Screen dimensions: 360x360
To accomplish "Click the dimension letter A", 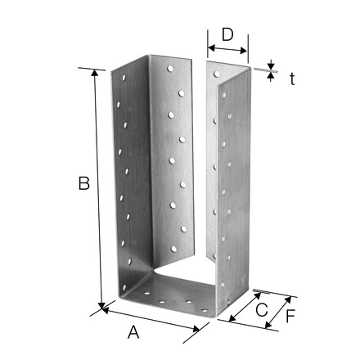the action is (x=133, y=332).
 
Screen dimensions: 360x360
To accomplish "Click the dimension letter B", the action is (x=84, y=183).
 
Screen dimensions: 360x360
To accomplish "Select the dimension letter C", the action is (x=262, y=310).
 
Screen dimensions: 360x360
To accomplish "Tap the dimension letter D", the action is (x=227, y=35).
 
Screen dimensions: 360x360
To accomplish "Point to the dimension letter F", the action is (x=290, y=316).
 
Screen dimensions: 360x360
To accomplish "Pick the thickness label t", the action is (x=292, y=79).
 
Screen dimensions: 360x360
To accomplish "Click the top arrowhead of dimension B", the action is (x=94, y=73).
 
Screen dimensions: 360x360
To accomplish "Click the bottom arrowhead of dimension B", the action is (x=102, y=306).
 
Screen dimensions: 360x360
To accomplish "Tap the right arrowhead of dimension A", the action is (x=196, y=329).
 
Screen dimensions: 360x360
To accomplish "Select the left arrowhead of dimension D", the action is (x=212, y=48).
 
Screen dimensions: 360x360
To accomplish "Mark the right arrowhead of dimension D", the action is (x=244, y=51).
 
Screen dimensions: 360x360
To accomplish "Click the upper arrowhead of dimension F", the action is (x=288, y=300).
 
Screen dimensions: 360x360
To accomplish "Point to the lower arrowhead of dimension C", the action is (x=232, y=318).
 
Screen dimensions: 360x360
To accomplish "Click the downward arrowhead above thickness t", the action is (x=271, y=66).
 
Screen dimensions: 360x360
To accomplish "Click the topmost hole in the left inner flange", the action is (x=170, y=69).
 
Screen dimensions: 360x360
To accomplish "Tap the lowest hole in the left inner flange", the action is (x=173, y=249).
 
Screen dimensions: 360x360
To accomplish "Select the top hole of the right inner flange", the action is (x=217, y=74).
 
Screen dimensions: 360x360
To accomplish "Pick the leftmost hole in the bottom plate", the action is (x=147, y=294).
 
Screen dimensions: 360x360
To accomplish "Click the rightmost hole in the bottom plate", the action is (x=205, y=310).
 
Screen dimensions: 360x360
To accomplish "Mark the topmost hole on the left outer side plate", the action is (x=124, y=78).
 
